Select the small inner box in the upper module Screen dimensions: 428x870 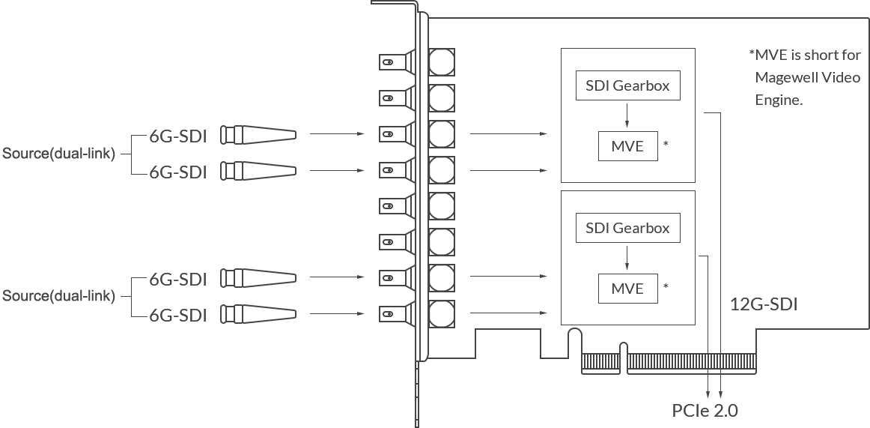pyautogui.click(x=626, y=144)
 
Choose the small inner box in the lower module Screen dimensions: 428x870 pyautogui.click(x=626, y=287)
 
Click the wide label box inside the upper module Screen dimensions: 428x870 pyautogui.click(x=628, y=83)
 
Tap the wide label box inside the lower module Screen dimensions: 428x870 pyautogui.click(x=628, y=227)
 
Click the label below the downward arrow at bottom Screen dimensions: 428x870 pyautogui.click(x=707, y=411)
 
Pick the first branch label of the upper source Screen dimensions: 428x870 pyautogui.click(x=180, y=136)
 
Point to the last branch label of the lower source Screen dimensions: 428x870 pyautogui.click(x=180, y=316)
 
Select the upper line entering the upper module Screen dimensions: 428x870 pyautogui.click(x=509, y=135)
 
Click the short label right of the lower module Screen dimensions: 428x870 pyautogui.click(x=762, y=303)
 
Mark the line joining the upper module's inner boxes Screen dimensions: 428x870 pyautogui.click(x=626, y=113)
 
